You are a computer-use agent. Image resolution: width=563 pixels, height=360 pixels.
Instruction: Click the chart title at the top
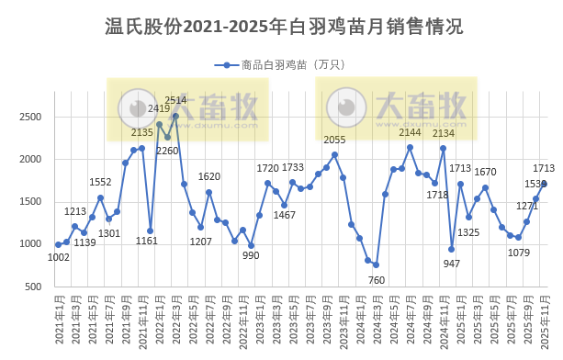pos(281,28)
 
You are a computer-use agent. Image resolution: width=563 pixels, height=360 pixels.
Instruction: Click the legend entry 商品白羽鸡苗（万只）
pos(280,65)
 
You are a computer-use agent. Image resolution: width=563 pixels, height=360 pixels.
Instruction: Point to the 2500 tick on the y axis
pos(32,117)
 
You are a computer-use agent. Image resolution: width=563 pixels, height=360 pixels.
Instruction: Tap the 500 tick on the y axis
pos(35,287)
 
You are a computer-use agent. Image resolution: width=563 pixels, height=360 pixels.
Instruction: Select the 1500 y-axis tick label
pos(32,202)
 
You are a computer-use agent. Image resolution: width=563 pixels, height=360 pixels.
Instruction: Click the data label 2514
pos(175,100)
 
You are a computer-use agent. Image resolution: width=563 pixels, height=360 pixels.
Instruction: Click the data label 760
pos(377,279)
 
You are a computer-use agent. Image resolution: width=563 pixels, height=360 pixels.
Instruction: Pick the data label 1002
pos(59,258)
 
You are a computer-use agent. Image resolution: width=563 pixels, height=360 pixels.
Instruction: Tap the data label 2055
pos(334,140)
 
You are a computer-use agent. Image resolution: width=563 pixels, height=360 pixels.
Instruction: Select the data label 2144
pos(410,132)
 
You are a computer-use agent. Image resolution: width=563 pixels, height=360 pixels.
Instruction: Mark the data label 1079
pos(520,252)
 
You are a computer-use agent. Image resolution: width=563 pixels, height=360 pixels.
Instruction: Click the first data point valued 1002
pos(58,244)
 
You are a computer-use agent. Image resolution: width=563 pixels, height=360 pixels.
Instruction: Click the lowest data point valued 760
pos(376,264)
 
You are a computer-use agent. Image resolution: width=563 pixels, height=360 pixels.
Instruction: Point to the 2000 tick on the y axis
pos(32,159)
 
